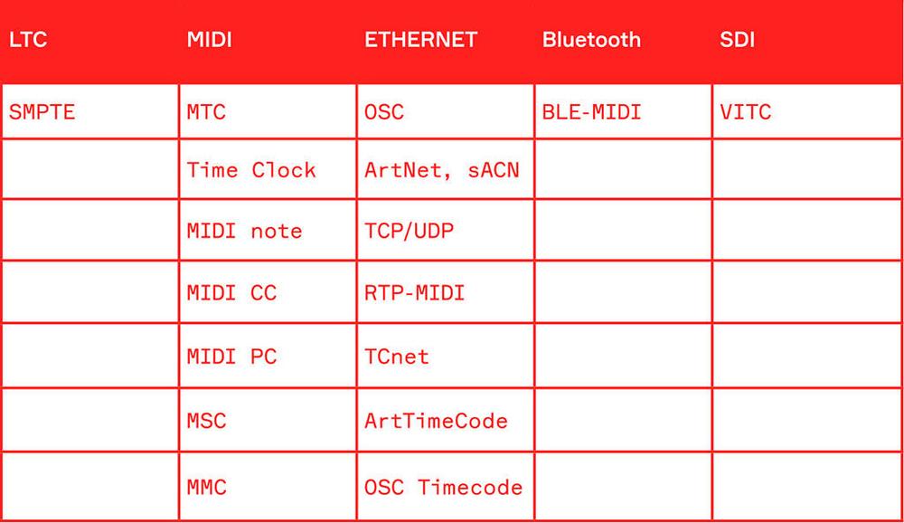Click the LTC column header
28,40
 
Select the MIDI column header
210,40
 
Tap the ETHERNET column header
421,40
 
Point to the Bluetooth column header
591,40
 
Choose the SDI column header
738,40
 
